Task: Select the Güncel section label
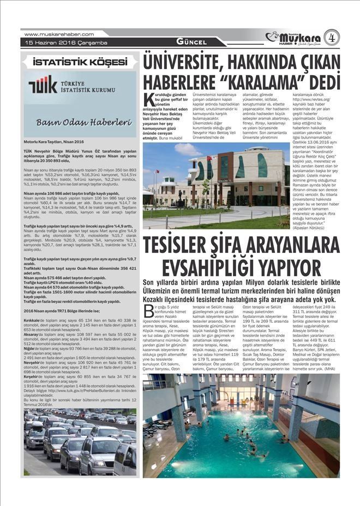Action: [191, 43]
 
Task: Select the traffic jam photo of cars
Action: [80, 442]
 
